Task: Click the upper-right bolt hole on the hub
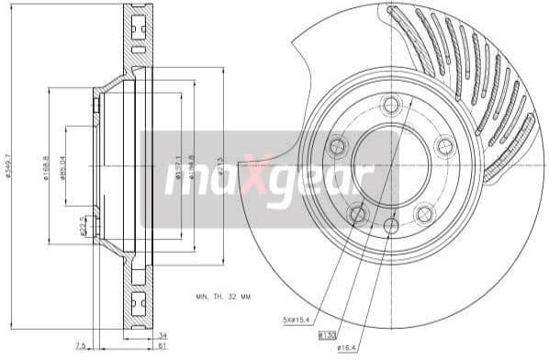point(444,144)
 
